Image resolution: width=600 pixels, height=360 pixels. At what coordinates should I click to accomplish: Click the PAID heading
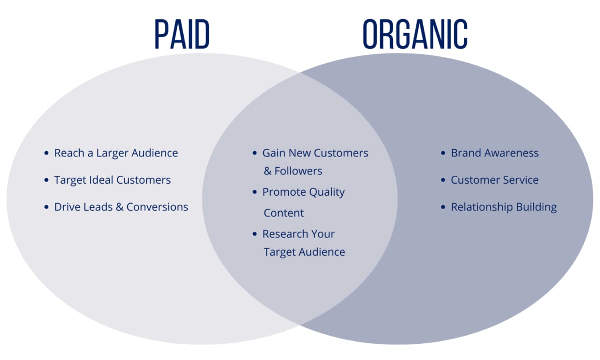coord(182,35)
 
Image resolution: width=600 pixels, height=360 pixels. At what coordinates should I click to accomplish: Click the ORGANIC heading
coord(415,35)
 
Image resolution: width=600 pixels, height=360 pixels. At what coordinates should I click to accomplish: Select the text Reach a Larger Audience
coord(116,153)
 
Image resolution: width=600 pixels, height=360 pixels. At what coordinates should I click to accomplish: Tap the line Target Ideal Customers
coord(112,180)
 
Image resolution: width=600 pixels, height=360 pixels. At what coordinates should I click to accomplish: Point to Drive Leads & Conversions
coord(121,207)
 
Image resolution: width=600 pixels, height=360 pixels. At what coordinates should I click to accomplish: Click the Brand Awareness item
coord(495,153)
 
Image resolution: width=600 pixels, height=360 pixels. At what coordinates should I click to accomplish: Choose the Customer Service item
coord(495,180)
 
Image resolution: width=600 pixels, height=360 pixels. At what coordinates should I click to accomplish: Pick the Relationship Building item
coord(504,207)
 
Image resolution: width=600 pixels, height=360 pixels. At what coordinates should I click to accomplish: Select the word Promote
coord(283,192)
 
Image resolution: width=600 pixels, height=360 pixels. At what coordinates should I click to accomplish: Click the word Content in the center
coord(284,213)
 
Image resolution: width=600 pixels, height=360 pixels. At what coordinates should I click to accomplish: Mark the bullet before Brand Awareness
coord(443,153)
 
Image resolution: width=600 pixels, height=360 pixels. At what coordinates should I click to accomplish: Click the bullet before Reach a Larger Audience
coord(46,153)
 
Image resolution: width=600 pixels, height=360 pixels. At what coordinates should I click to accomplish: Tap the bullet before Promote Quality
coord(255,192)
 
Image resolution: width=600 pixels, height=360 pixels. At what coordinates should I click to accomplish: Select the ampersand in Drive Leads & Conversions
coord(119,207)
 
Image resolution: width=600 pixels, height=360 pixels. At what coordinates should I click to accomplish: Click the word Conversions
coord(157,207)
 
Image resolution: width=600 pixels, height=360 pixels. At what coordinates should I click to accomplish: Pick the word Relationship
coord(481,207)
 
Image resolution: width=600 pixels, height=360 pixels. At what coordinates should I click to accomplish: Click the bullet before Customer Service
coord(443,180)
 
